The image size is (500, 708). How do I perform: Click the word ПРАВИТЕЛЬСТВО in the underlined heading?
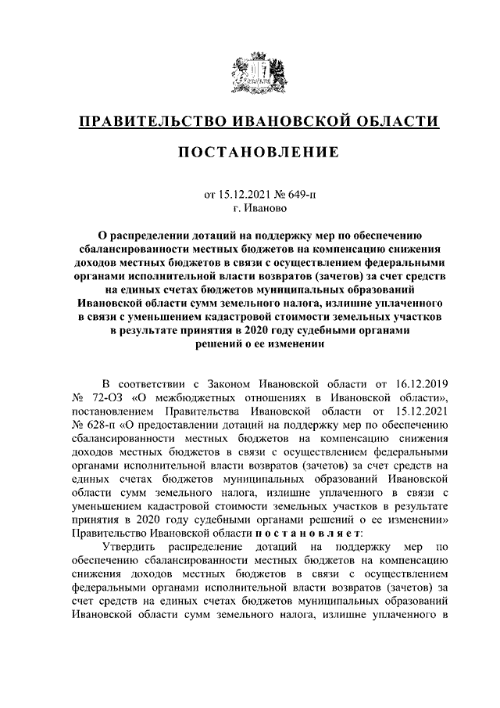146,122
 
